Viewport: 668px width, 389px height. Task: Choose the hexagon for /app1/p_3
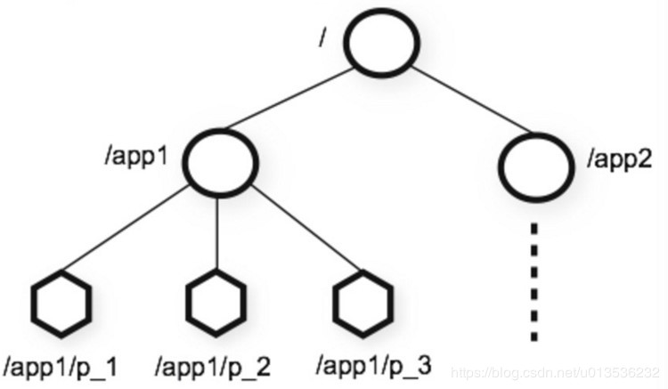(363, 305)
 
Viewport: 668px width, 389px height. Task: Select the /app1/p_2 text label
(213, 365)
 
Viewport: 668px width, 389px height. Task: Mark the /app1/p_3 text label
(374, 365)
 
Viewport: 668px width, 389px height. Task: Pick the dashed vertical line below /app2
(534, 280)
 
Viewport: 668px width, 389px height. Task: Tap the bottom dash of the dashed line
(534, 333)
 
